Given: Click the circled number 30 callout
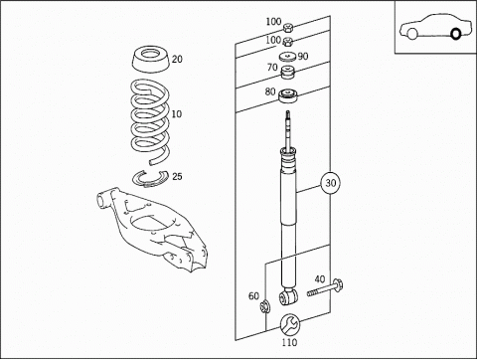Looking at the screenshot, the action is tap(330, 183).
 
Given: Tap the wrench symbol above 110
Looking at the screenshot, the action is tap(290, 324).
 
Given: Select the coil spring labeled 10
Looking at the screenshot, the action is tap(149, 122).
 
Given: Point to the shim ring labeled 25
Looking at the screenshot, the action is tap(150, 178).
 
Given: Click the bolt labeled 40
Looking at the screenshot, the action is tap(325, 287).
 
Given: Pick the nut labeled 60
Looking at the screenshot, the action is tap(264, 306).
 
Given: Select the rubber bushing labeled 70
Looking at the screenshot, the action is tap(288, 73).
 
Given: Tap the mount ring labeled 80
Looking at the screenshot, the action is tap(287, 95).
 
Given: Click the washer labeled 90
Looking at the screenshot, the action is tap(287, 57).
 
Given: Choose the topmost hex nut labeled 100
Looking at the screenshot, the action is tap(287, 28).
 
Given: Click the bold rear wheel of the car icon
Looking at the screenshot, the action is tap(456, 34).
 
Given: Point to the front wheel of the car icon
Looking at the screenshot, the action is tap(412, 34).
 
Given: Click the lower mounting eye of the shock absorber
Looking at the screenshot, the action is tap(288, 297).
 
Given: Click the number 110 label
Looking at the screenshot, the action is tap(289, 342).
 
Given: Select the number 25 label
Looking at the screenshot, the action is tap(177, 176).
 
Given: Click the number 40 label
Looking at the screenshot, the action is tap(320, 279).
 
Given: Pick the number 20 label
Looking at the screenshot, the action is tap(177, 59).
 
